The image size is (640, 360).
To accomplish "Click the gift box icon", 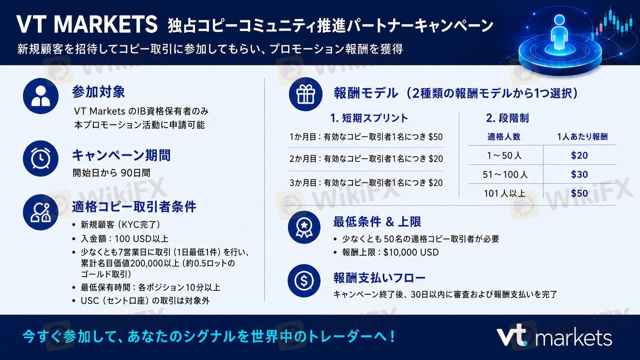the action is click(x=305, y=94).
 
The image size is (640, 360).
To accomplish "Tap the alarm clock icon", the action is click(x=41, y=158).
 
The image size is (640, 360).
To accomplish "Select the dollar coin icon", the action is click(x=304, y=281).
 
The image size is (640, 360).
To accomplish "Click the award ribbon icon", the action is click(x=304, y=227).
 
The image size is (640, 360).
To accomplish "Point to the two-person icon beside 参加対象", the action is click(x=41, y=96).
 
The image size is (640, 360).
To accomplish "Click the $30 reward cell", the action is click(x=580, y=174).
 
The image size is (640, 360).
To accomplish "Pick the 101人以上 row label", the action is click(x=504, y=194).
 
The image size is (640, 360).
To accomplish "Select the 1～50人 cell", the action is click(x=504, y=156).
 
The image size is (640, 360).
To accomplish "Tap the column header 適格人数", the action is click(x=504, y=137).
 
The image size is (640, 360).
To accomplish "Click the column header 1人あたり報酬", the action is click(x=582, y=137).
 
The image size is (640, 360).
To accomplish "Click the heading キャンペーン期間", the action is click(x=121, y=155).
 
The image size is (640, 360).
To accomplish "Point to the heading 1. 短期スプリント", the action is click(x=369, y=118).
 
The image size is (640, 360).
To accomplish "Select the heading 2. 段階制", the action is click(x=508, y=118).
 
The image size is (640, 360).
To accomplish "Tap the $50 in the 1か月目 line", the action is click(x=436, y=137).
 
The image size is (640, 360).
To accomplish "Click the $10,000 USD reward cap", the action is click(x=411, y=252).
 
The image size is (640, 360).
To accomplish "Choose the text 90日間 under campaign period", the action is click(x=136, y=173).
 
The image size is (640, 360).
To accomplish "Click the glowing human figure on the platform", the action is click(x=559, y=32).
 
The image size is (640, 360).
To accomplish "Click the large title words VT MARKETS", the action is click(x=87, y=24).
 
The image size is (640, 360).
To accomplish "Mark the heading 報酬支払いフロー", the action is click(x=379, y=278).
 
